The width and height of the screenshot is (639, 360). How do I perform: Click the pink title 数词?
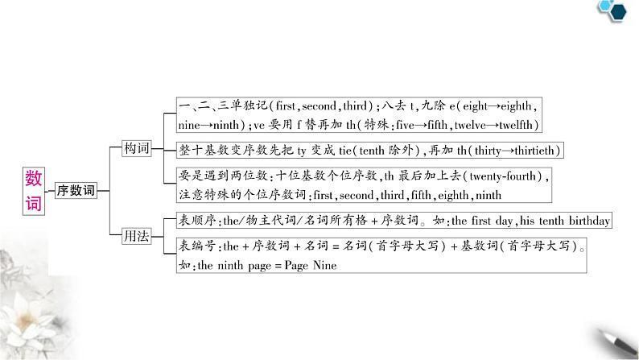tap(34, 190)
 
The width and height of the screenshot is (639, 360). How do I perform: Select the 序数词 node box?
tap(76, 191)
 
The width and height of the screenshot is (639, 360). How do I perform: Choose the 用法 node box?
tap(135, 235)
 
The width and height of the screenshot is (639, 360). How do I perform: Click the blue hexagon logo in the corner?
tap(617, 10)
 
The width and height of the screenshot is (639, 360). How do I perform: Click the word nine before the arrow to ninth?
tap(190, 125)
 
